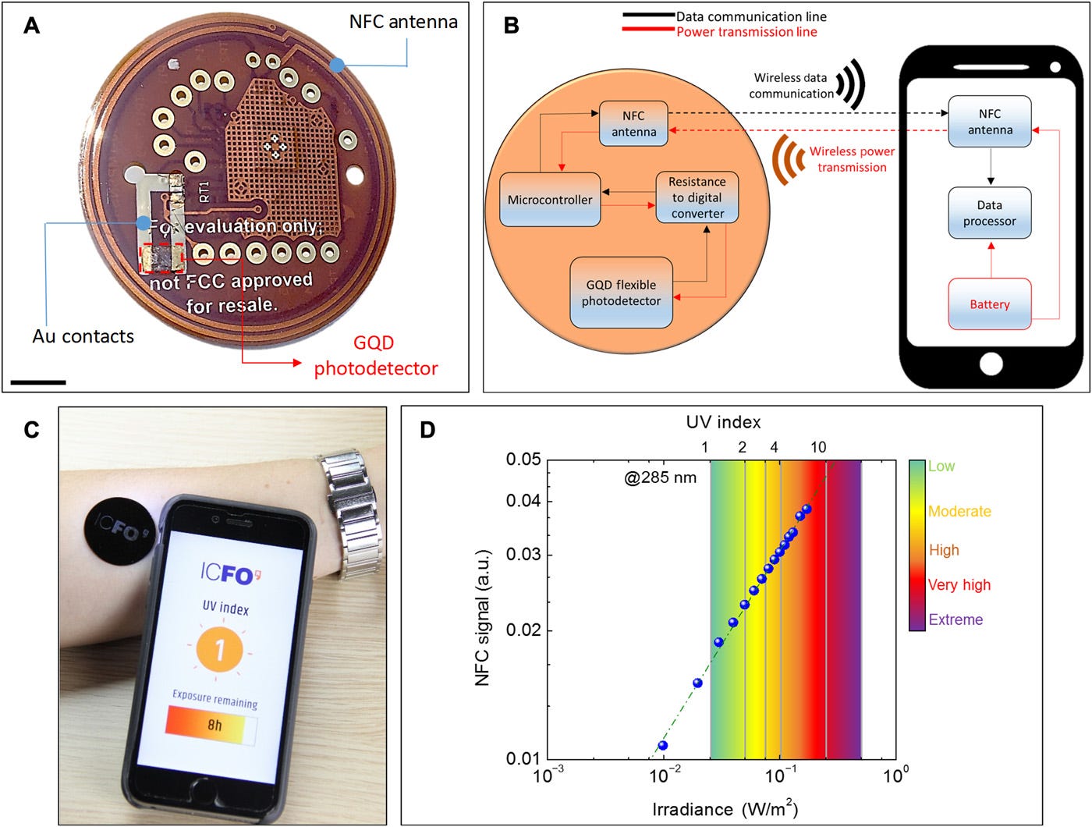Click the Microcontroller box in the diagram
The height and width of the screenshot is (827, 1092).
[550, 200]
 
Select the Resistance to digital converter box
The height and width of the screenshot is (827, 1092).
[697, 197]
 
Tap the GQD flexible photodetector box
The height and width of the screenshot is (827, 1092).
[621, 293]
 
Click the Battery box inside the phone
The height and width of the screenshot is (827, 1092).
[989, 304]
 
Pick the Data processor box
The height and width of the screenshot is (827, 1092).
[989, 213]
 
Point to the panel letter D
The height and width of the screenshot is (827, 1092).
[427, 430]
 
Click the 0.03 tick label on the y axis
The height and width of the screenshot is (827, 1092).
[523, 555]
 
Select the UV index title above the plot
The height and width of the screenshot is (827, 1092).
[723, 422]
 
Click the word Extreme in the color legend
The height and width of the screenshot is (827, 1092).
[955, 619]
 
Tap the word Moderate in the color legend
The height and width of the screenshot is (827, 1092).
[959, 511]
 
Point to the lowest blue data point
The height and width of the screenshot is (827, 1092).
[662, 745]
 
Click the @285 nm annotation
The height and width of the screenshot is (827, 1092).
[660, 477]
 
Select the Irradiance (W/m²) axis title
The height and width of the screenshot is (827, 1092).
[725, 809]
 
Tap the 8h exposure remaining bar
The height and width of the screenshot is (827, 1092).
[211, 725]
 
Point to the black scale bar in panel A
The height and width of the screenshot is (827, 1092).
[38, 382]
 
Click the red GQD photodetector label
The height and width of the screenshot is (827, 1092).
[375, 355]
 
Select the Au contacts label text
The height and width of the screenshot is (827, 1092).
[83, 336]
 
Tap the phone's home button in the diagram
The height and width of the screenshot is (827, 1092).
[991, 364]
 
